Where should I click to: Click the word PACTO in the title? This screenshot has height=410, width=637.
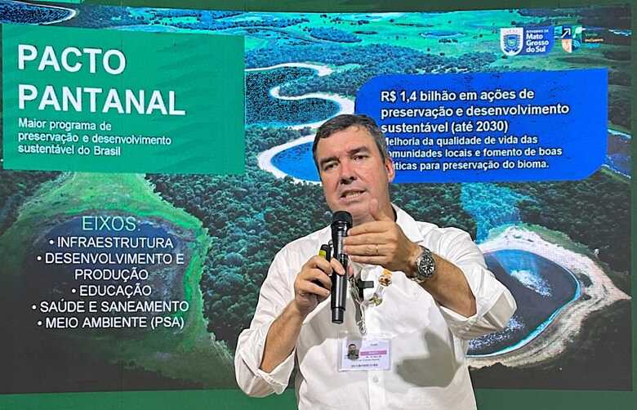(72, 59)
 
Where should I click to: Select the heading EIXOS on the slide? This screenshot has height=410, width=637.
(109, 224)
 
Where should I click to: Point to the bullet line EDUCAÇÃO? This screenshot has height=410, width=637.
(115, 290)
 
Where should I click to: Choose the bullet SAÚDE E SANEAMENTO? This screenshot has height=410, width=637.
(110, 306)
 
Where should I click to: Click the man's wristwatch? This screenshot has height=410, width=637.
(424, 265)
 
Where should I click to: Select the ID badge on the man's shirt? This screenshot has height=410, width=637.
(363, 352)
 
